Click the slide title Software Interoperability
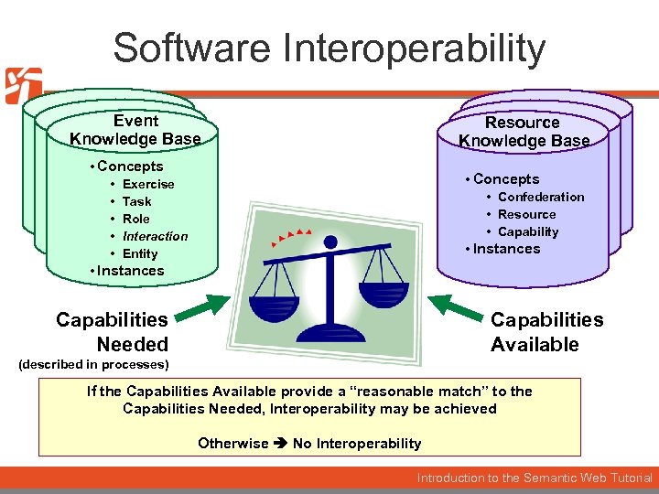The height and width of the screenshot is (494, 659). (x=329, y=48)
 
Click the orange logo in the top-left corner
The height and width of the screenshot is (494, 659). (x=22, y=85)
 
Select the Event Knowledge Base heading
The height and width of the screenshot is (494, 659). (x=135, y=130)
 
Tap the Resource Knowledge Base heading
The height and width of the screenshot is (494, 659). (x=523, y=132)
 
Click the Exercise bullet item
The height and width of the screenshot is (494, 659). (x=148, y=184)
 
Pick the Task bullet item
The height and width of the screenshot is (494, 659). (x=137, y=201)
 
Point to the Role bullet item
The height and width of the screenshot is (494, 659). (x=136, y=219)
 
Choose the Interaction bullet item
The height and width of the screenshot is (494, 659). (x=155, y=236)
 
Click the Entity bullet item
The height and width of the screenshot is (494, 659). (x=140, y=253)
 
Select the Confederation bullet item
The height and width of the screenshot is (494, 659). (x=540, y=197)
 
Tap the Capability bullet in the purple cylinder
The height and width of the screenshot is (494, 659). (x=528, y=231)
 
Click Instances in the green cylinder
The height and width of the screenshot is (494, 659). (x=130, y=271)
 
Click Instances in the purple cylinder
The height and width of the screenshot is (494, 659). (x=506, y=249)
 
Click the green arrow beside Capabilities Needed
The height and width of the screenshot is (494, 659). (x=202, y=308)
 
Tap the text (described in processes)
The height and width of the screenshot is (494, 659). (x=94, y=364)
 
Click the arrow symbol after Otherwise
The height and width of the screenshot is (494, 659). (x=280, y=444)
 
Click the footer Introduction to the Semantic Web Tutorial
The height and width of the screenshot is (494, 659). (x=535, y=478)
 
